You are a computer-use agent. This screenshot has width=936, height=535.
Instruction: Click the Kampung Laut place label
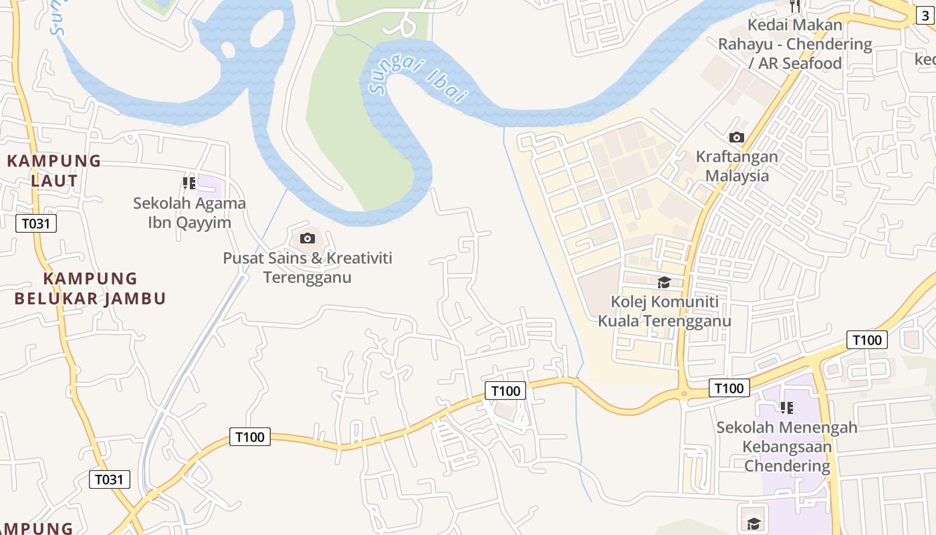(54, 171)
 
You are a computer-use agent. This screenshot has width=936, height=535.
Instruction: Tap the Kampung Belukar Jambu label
(90, 288)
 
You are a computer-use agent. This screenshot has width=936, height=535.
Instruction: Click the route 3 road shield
(925, 15)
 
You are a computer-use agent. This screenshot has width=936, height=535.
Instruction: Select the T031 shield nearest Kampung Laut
(36, 223)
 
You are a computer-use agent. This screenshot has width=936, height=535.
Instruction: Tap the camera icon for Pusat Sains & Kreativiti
(308, 239)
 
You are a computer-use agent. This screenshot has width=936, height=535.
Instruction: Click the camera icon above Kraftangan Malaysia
(737, 138)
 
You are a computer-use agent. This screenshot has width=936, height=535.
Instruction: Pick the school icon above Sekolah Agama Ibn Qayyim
(189, 183)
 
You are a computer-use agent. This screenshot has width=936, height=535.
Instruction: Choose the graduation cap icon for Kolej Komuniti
(664, 282)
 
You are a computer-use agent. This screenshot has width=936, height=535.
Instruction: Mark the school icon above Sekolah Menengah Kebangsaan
(787, 407)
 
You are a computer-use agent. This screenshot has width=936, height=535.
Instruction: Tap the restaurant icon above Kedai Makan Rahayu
(795, 5)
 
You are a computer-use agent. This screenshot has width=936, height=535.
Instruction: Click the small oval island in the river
(227, 49)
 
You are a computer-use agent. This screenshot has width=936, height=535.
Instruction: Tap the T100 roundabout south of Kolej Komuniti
(683, 393)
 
